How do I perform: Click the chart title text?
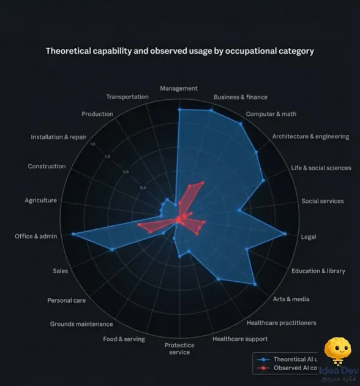click(179, 51)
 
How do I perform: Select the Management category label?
click(179, 88)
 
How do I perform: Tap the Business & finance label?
click(240, 97)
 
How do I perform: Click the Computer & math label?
click(271, 114)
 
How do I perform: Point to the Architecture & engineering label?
click(310, 137)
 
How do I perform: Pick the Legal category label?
click(309, 237)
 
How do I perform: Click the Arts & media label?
click(291, 299)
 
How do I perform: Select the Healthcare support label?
click(240, 339)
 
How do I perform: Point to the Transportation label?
click(127, 97)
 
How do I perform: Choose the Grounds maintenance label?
click(81, 324)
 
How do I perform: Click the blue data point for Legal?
click(285, 233)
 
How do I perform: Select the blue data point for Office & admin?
click(73, 234)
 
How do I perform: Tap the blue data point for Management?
click(179, 110)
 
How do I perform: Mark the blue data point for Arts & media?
click(254, 284)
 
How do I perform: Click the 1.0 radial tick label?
click(93, 145)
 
